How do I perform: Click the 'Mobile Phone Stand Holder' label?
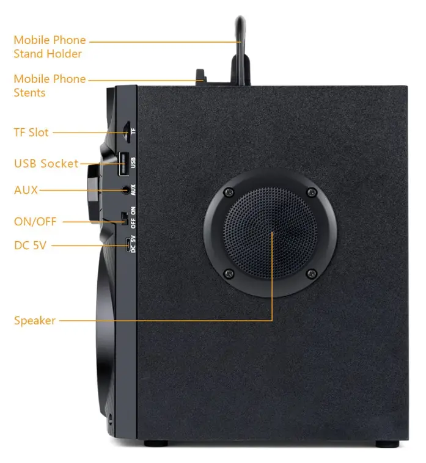point(50,47)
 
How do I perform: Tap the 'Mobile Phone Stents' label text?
point(50,86)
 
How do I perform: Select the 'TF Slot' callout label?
point(31,132)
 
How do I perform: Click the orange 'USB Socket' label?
point(46,163)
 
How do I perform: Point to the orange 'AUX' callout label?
point(26,190)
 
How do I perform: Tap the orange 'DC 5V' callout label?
point(31,245)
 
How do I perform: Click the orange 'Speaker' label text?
point(35,320)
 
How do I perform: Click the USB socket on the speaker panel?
point(123,162)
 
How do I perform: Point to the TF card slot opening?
point(126,130)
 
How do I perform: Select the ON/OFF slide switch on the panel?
point(126,217)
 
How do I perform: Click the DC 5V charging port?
point(128,244)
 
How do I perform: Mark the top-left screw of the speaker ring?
point(228,193)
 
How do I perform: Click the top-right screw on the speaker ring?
point(312,193)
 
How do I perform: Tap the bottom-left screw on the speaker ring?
point(228,273)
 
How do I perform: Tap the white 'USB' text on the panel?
point(134,162)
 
